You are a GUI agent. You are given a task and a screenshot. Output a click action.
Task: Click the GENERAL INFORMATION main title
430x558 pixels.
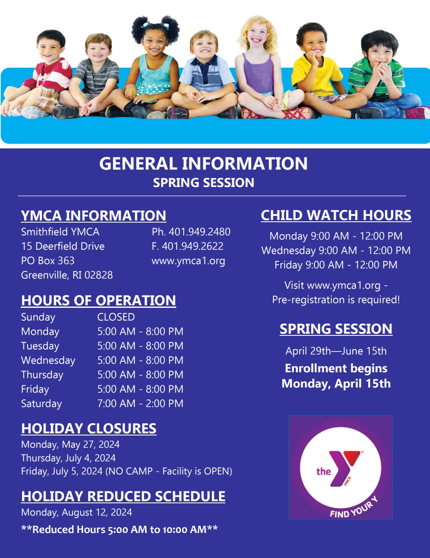coord(203,164)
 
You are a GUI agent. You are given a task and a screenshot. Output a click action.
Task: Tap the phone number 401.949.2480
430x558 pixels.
coord(200,232)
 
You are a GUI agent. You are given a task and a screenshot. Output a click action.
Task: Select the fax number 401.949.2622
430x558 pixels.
coord(192,246)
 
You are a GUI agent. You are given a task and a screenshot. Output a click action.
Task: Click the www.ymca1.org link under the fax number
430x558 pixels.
coord(188,261)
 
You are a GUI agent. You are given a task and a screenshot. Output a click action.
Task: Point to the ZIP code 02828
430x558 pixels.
coord(99,275)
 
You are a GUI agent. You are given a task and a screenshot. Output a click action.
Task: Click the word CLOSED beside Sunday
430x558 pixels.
coord(116,317)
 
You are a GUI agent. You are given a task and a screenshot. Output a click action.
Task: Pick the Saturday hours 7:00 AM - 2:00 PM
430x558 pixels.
coord(140,404)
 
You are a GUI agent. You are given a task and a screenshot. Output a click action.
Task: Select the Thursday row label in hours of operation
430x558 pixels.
coord(42,375)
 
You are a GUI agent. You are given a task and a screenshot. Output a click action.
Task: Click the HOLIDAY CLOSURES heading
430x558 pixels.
coord(89,429)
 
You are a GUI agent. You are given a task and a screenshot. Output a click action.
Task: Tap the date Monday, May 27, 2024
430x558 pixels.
coord(70,445)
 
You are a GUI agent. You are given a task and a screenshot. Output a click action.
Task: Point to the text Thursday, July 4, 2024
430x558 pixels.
coord(68,458)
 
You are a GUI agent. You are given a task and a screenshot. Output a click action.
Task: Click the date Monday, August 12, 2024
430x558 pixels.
coord(77,513)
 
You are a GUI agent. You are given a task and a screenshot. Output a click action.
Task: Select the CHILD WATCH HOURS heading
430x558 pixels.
coord(336,215)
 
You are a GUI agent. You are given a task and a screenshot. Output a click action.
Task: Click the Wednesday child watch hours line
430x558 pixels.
coord(336,251)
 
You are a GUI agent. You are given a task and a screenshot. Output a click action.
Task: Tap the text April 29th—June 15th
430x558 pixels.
coord(336,351)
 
